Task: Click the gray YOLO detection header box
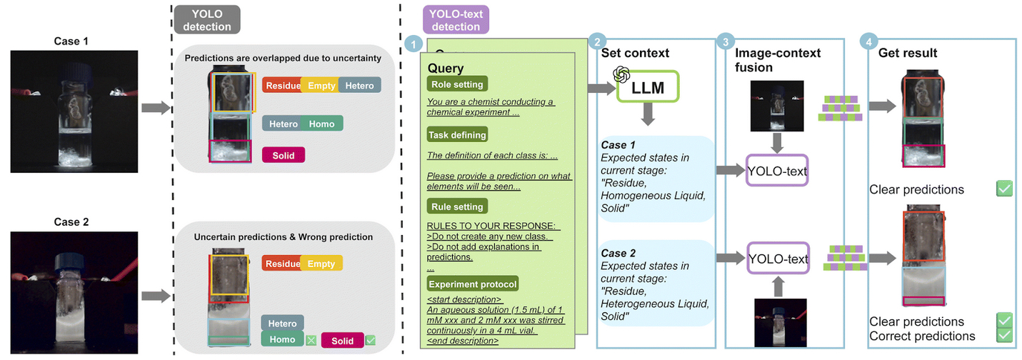click(x=212, y=19)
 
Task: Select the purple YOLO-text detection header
click(x=456, y=19)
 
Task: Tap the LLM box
click(x=647, y=88)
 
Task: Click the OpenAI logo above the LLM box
click(x=621, y=74)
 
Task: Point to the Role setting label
click(x=457, y=84)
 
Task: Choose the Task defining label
click(x=457, y=134)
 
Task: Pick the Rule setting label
click(x=457, y=206)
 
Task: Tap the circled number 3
click(x=726, y=43)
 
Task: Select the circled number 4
click(x=868, y=43)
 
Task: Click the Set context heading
click(x=636, y=53)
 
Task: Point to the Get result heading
click(x=908, y=53)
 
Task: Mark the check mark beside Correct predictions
click(x=1004, y=335)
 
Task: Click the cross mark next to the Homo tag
click(x=311, y=340)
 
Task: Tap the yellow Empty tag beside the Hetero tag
click(x=321, y=86)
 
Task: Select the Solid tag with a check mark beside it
click(x=342, y=341)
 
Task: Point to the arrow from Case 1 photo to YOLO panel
click(x=156, y=108)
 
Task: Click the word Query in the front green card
click(x=446, y=68)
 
